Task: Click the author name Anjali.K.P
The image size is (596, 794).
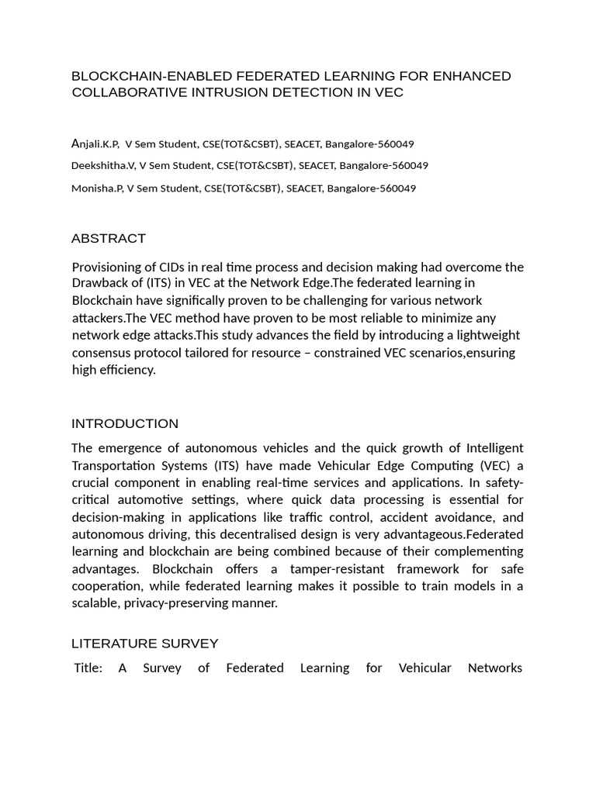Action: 95,143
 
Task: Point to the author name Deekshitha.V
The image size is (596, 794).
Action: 102,165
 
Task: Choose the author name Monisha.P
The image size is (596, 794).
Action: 97,188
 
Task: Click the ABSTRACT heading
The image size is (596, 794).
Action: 108,238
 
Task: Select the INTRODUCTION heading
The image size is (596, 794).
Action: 124,423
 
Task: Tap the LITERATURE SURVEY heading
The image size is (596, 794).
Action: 144,644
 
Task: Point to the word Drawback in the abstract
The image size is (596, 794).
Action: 100,284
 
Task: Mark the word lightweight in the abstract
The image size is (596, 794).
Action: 483,335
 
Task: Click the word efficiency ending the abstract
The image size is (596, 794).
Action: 127,369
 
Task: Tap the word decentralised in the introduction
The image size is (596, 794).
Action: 308,533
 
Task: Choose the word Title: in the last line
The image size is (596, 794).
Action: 88,667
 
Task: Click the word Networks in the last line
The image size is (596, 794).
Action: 495,667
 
